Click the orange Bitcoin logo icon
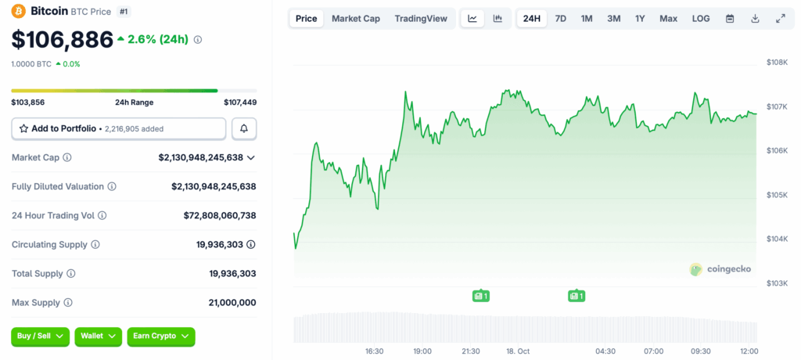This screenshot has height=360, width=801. click(19, 11)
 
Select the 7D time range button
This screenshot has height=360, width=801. click(560, 19)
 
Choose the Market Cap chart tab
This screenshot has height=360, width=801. click(356, 19)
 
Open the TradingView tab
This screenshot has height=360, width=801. click(421, 19)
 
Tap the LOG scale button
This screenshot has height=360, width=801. click(701, 19)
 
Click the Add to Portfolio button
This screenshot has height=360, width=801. click(119, 129)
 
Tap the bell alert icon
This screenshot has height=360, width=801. click(244, 129)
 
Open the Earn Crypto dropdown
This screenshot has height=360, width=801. click(161, 337)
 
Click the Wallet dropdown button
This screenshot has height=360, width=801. click(98, 337)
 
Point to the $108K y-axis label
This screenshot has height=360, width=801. click(777, 63)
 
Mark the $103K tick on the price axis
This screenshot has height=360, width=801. click(777, 283)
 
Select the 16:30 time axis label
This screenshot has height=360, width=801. click(375, 351)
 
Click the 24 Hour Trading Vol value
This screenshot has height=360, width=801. click(220, 216)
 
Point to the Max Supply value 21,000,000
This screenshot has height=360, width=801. click(232, 303)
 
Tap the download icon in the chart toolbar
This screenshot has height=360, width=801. click(755, 19)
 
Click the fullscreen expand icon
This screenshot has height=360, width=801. click(781, 19)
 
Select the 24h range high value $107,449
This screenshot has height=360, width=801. click(240, 103)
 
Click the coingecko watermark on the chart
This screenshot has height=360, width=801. click(720, 269)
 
